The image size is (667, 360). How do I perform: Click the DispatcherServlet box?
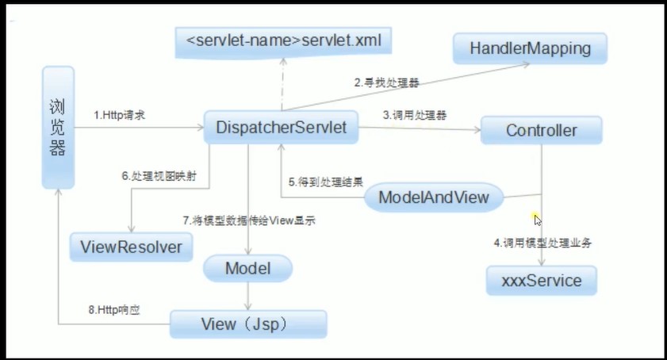(x=281, y=128)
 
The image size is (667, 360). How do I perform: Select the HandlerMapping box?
(x=531, y=48)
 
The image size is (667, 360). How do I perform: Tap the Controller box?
(x=541, y=130)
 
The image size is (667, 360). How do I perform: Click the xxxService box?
(x=541, y=281)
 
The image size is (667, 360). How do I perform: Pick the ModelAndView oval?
(x=434, y=196)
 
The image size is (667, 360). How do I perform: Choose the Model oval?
(x=247, y=269)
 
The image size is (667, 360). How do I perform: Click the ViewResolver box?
(x=131, y=247)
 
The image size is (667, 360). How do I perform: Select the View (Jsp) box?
(x=248, y=324)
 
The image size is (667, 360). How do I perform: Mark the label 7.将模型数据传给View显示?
(x=249, y=221)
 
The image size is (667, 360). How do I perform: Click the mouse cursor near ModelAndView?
(x=538, y=220)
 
